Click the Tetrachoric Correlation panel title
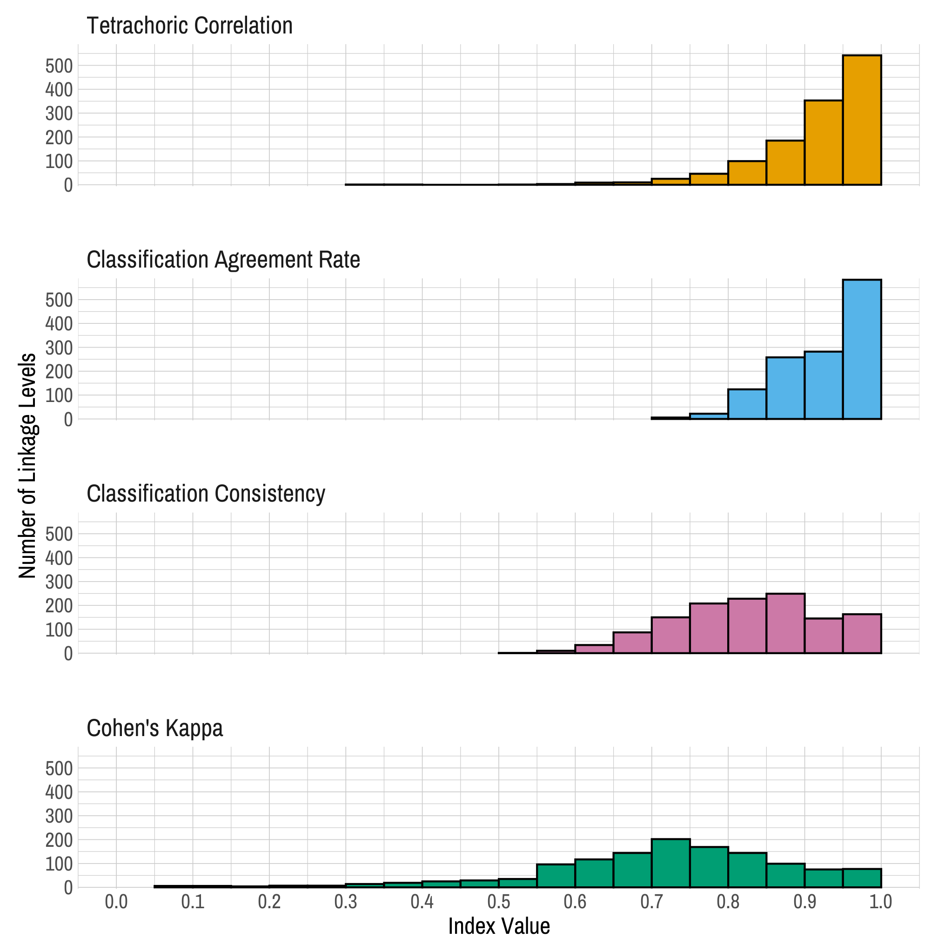point(189,25)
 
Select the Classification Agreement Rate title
point(223,259)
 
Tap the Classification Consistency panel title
point(206,493)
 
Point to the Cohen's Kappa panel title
point(154,728)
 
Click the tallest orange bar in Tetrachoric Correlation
point(862,121)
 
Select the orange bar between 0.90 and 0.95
point(824,143)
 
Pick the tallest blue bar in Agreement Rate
point(862,349)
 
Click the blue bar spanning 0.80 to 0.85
point(747,404)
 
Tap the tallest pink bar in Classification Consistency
point(785,624)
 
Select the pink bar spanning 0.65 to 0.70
point(632,643)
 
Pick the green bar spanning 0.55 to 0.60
point(556,876)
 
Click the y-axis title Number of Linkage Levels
point(27,466)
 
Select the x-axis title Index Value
point(499,926)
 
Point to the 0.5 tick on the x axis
point(499,902)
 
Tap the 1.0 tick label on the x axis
point(881,902)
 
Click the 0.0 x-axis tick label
point(116,902)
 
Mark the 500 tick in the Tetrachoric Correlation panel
point(59,66)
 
